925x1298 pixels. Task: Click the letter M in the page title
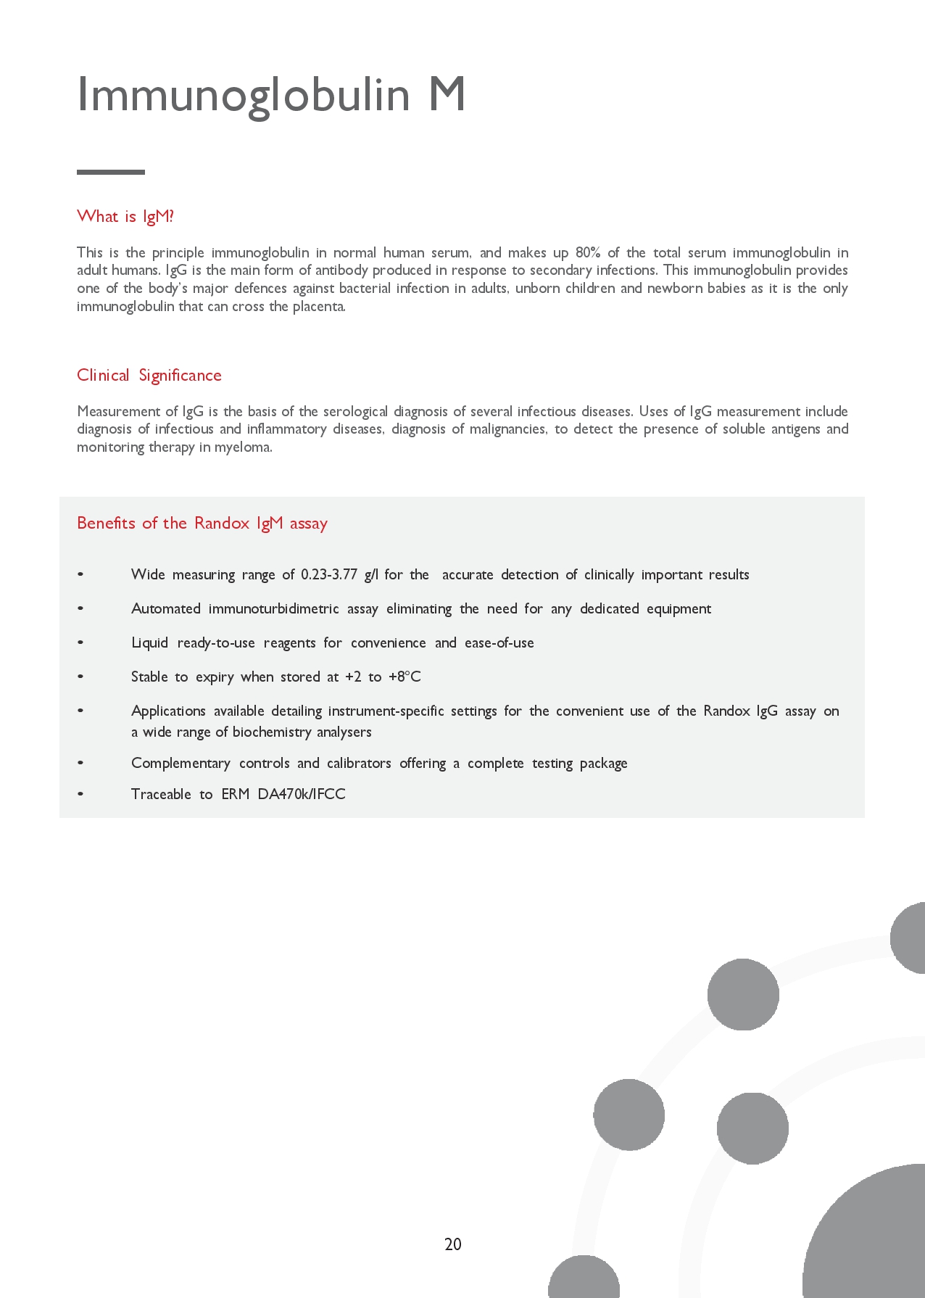pos(447,95)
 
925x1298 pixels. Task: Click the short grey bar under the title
pos(111,172)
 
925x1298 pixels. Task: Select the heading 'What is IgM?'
pos(125,216)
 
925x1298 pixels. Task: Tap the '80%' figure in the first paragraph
pos(588,252)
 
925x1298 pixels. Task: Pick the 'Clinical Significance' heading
pos(149,375)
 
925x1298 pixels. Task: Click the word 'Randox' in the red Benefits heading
pos(222,523)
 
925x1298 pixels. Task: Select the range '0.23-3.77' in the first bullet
pos(329,574)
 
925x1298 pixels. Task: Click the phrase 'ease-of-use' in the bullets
pos(499,642)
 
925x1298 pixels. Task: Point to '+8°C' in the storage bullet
pos(405,677)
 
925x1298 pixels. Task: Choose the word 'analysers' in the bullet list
pos(344,732)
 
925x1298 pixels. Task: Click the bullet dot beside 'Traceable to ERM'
pos(80,794)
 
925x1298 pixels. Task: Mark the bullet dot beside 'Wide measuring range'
pos(80,574)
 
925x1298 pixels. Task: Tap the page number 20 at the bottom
pos(453,1244)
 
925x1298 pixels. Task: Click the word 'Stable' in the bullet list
pos(149,677)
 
